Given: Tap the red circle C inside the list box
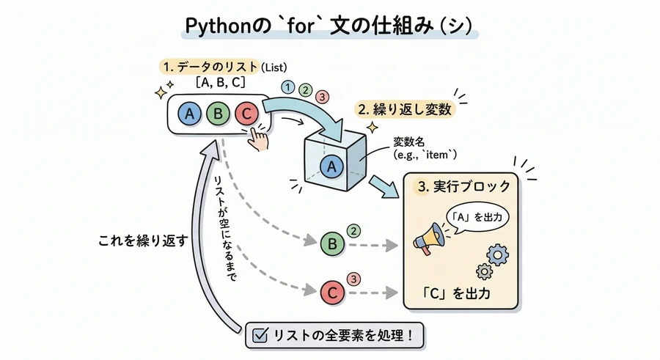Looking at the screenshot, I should click(x=246, y=114).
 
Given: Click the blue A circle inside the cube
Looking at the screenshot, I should click(x=331, y=166).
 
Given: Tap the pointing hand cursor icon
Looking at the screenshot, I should click(x=257, y=137).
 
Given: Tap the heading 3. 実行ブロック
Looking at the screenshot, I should click(x=463, y=186).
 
